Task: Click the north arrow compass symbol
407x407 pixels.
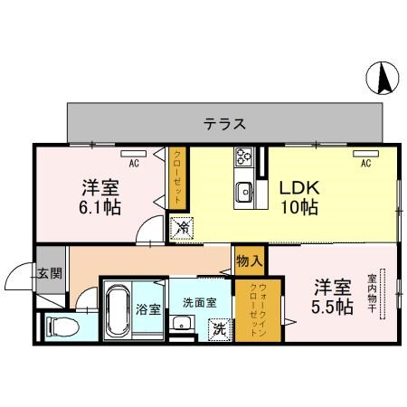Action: [x=382, y=79]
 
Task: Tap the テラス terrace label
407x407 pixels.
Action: [x=224, y=123]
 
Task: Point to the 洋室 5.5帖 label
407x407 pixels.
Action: [x=333, y=297]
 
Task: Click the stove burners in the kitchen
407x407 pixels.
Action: [x=244, y=157]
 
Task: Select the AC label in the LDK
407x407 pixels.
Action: [x=366, y=165]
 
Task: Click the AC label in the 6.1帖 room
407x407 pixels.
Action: [x=133, y=165]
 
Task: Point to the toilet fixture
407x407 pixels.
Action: [x=60, y=325]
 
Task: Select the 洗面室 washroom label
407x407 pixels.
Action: [x=198, y=302]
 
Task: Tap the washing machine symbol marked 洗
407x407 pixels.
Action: [x=219, y=328]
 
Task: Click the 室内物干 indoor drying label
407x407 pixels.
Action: [x=372, y=290]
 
